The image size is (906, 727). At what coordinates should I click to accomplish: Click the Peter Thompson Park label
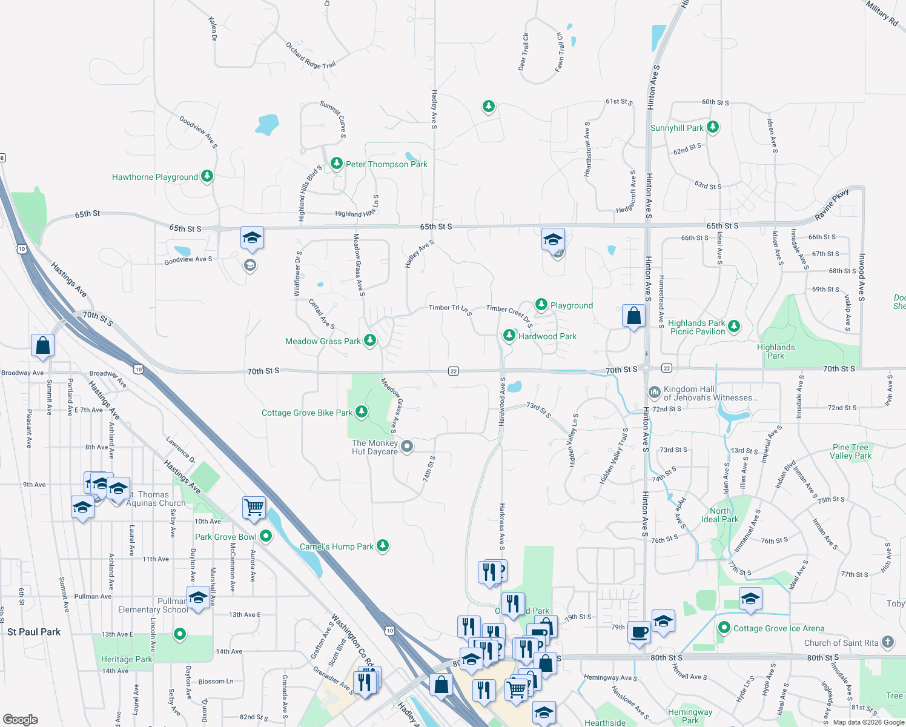tap(386, 164)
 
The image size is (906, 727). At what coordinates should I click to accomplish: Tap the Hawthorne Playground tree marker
tap(207, 176)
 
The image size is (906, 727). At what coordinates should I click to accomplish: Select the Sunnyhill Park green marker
tap(713, 127)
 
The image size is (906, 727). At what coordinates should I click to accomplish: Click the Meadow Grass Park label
tap(323, 341)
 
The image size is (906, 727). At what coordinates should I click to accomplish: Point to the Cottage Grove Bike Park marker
tap(362, 412)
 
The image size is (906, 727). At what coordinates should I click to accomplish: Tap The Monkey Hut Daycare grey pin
tap(408, 446)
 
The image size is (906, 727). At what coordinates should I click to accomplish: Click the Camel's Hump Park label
tap(337, 546)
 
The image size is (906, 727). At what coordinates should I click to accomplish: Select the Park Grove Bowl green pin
tap(265, 536)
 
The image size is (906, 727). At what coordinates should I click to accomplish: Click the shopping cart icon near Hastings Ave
tap(254, 507)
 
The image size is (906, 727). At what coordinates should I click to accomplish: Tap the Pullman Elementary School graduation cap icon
tap(198, 599)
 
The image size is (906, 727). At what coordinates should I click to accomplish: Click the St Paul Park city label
tap(34, 632)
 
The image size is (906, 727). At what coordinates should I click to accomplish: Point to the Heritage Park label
tap(127, 659)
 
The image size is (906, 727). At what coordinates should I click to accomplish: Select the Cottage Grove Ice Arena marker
tap(724, 628)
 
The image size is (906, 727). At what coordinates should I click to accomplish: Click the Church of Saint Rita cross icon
tap(888, 642)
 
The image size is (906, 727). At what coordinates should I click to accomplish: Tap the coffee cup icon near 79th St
tap(639, 632)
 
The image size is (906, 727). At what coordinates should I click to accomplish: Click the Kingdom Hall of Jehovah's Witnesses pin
tap(654, 392)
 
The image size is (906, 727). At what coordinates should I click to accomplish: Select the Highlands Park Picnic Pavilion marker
tap(734, 326)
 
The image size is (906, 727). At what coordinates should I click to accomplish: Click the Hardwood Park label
tap(547, 336)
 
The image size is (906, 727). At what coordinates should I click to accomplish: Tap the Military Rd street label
tap(881, 13)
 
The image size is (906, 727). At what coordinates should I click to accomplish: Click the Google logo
tap(21, 719)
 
